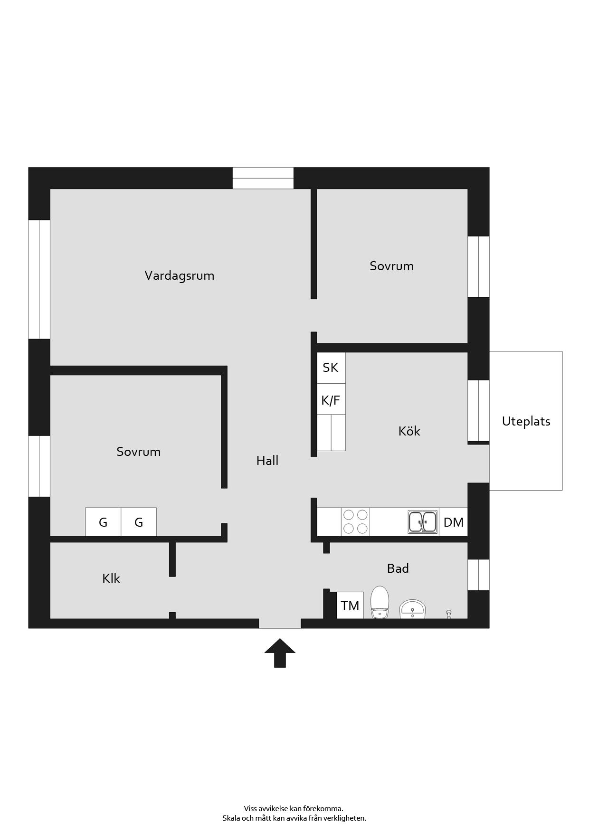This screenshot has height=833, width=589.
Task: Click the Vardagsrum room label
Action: [x=180, y=275]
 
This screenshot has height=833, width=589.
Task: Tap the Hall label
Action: [x=267, y=460]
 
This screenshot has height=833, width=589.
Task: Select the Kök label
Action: [x=409, y=431]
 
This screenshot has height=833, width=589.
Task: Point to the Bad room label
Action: [x=398, y=568]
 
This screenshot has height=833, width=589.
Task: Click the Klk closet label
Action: [x=111, y=578]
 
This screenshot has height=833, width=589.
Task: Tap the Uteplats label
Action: [x=526, y=421]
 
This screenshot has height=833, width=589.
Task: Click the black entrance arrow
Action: [x=280, y=653]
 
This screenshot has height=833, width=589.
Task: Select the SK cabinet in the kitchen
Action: [x=331, y=368]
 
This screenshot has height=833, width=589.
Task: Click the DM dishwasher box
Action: [x=454, y=522]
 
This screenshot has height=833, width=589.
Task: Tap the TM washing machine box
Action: [x=350, y=606]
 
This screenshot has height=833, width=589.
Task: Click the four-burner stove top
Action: [x=355, y=522]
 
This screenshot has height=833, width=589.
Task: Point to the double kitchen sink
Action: [x=423, y=522]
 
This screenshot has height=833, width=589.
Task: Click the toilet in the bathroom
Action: [x=380, y=602]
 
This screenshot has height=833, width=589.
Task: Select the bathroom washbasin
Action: [x=413, y=609]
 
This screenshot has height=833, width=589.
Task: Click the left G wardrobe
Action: [x=103, y=522]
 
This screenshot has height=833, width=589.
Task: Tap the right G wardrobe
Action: [x=139, y=522]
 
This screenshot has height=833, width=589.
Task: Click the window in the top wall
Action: [x=263, y=178]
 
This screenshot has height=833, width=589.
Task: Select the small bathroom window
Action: [x=478, y=575]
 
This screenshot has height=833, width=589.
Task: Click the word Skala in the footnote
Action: [x=231, y=818]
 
